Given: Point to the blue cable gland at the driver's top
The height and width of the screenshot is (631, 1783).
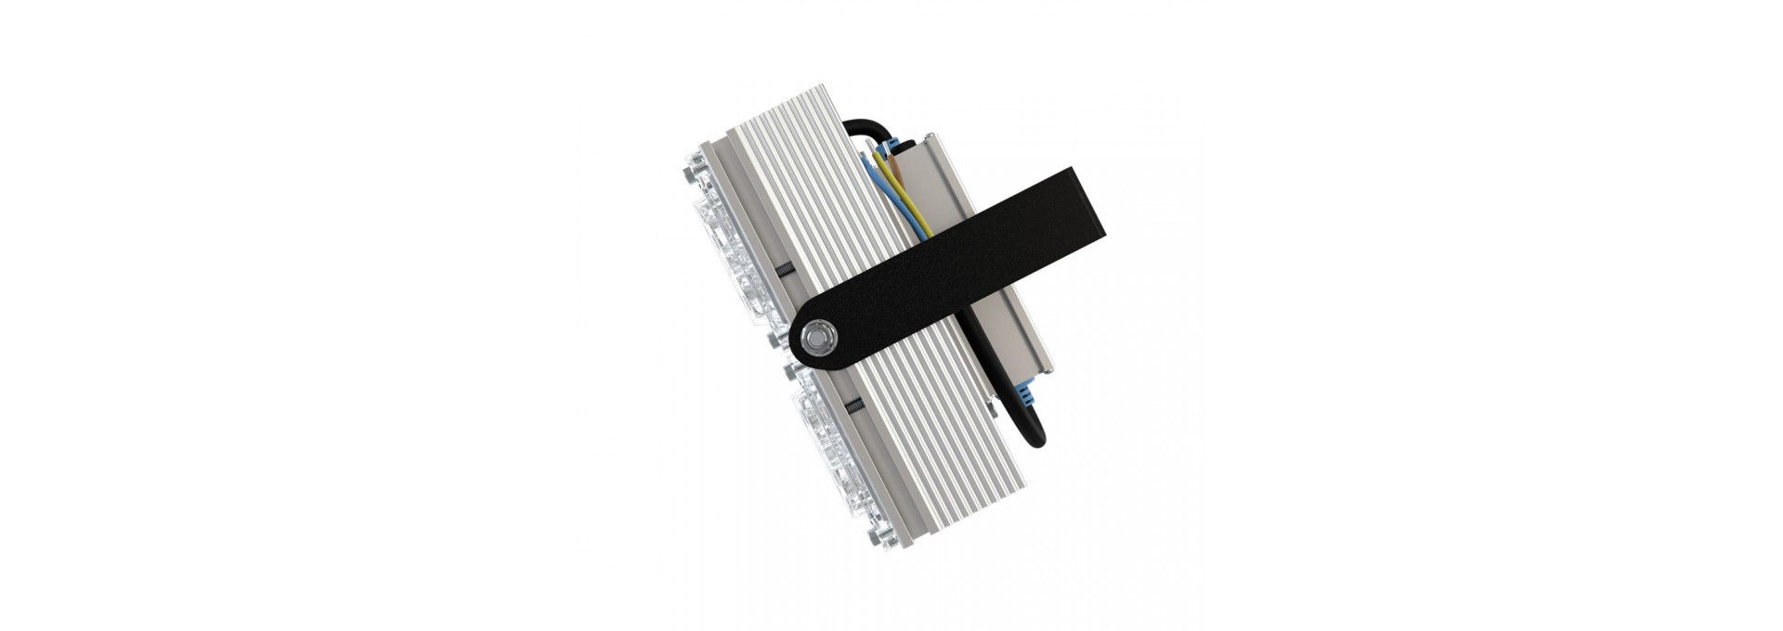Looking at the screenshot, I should coord(895,147).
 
